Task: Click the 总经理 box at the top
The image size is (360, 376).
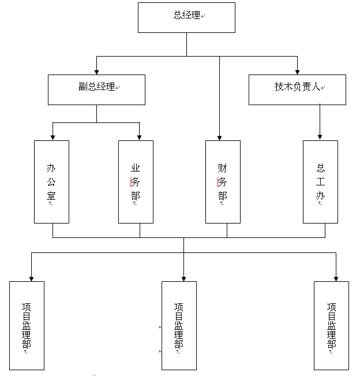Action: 186,17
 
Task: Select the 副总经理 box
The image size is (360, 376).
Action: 96,90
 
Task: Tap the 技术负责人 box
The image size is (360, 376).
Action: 297,90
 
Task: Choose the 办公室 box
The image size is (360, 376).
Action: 52,181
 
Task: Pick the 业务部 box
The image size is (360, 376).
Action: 136,181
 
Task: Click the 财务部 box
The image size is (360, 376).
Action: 223,181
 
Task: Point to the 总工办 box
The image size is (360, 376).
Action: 320,181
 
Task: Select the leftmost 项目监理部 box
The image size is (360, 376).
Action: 27,325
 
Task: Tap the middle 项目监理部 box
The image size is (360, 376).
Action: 179,325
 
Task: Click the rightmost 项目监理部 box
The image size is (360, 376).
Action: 331,325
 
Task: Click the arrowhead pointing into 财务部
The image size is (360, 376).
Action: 219,137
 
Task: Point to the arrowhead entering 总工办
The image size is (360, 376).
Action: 320,137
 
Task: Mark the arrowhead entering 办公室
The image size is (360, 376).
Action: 53,137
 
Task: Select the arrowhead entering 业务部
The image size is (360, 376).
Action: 140,137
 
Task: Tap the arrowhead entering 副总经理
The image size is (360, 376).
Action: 96,71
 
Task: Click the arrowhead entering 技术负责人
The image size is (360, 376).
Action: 297,71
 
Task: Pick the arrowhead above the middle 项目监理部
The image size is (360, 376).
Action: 183,278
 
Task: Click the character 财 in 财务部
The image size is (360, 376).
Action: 223,168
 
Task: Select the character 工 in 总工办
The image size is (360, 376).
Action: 321,182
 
